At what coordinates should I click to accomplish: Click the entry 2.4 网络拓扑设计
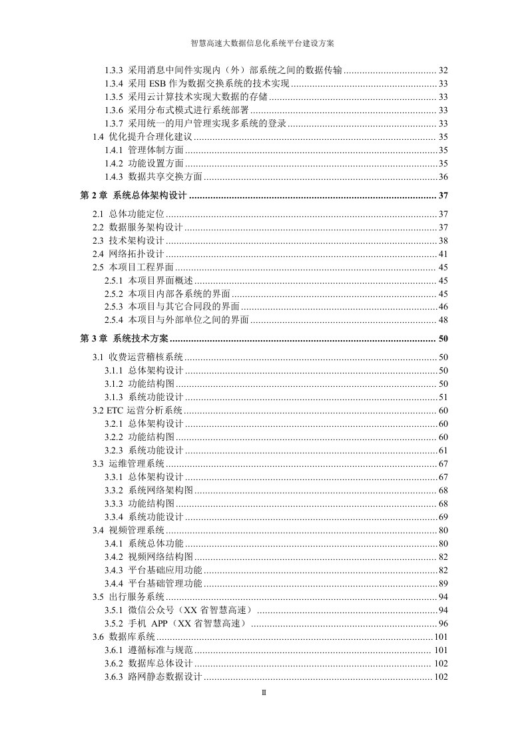(x=128, y=254)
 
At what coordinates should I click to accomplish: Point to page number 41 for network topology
(x=443, y=254)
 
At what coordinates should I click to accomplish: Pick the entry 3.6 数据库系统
(x=123, y=637)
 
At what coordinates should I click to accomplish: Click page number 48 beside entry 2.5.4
(x=443, y=320)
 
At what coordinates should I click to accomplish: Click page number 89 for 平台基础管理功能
(x=443, y=584)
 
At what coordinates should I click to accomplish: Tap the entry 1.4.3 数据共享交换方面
(x=154, y=176)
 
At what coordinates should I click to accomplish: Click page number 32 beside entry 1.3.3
(x=443, y=71)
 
